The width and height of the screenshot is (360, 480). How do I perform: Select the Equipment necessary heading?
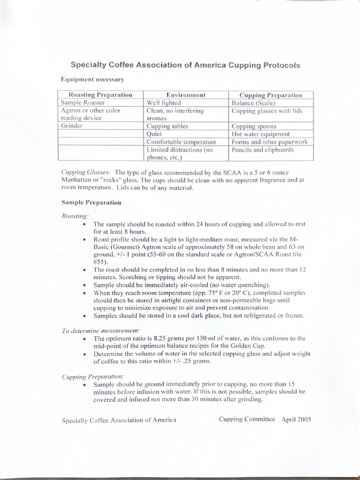92,80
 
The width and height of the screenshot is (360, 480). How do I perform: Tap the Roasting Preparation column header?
97,95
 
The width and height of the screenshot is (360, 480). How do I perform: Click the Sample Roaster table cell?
83,103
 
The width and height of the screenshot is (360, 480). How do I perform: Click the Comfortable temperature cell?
181,142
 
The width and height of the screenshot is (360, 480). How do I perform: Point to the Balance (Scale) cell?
254,103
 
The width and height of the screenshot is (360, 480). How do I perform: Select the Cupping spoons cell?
254,126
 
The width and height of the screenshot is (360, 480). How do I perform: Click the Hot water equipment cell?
261,134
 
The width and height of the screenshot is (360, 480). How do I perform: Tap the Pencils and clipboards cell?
262,150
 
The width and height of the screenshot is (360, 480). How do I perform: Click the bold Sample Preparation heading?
91,202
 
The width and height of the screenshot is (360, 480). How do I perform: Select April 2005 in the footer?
296,419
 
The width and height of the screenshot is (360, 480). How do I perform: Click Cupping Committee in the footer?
247,419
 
